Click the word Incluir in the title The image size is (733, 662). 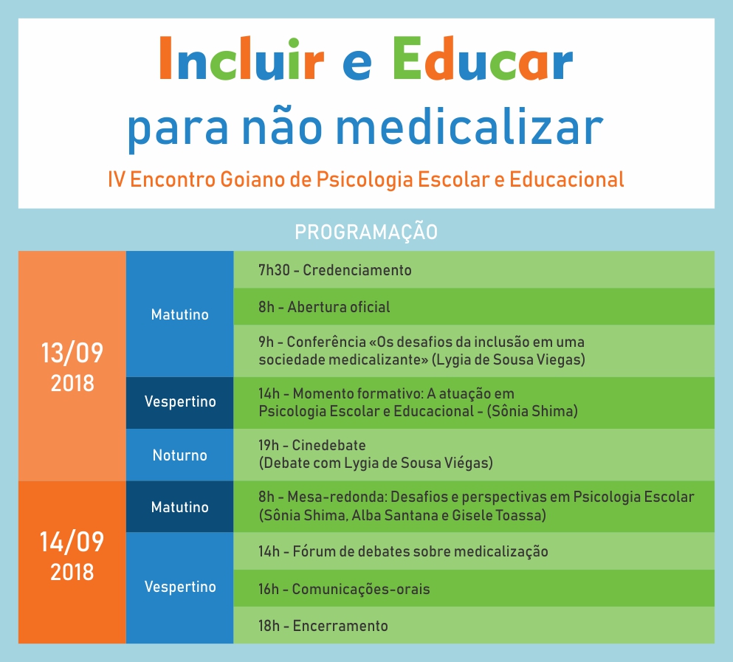coord(241,59)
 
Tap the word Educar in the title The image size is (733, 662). coord(483,59)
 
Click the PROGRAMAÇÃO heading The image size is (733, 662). coord(366,232)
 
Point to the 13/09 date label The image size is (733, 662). coord(72,353)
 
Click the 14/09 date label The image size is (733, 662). coord(72,542)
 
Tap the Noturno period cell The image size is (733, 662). coord(179,455)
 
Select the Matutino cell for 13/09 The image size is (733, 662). coord(179,314)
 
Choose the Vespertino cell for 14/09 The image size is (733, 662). coord(180,587)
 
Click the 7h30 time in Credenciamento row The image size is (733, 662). coord(274,270)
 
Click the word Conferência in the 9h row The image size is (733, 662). coord(326,342)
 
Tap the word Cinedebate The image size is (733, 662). coord(328,445)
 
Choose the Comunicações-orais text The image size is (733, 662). coord(361,589)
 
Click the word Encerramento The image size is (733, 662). coord(340,626)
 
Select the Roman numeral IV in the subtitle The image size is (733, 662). coord(116,179)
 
